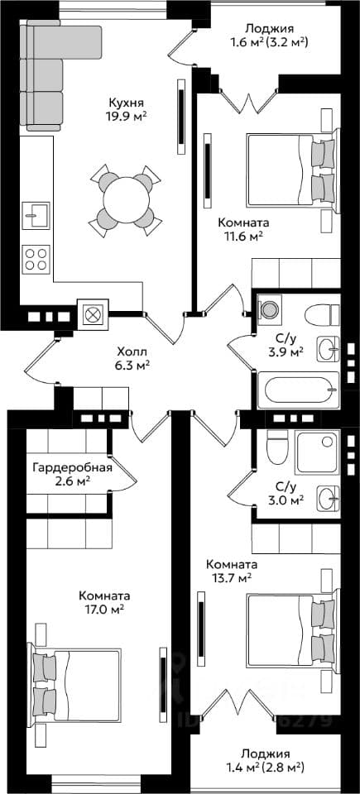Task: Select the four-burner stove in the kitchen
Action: coord(36,259)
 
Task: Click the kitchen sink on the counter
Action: coord(36,216)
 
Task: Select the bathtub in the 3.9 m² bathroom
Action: coord(298,390)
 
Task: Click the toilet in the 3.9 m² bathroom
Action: coord(322,315)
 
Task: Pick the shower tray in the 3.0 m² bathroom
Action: coord(317,452)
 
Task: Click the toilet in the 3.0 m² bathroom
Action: coord(277,447)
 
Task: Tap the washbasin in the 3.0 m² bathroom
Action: coord(328,499)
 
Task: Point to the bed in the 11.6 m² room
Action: coord(291,169)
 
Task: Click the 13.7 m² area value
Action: coord(231,576)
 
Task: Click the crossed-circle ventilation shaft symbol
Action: coord(93,314)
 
